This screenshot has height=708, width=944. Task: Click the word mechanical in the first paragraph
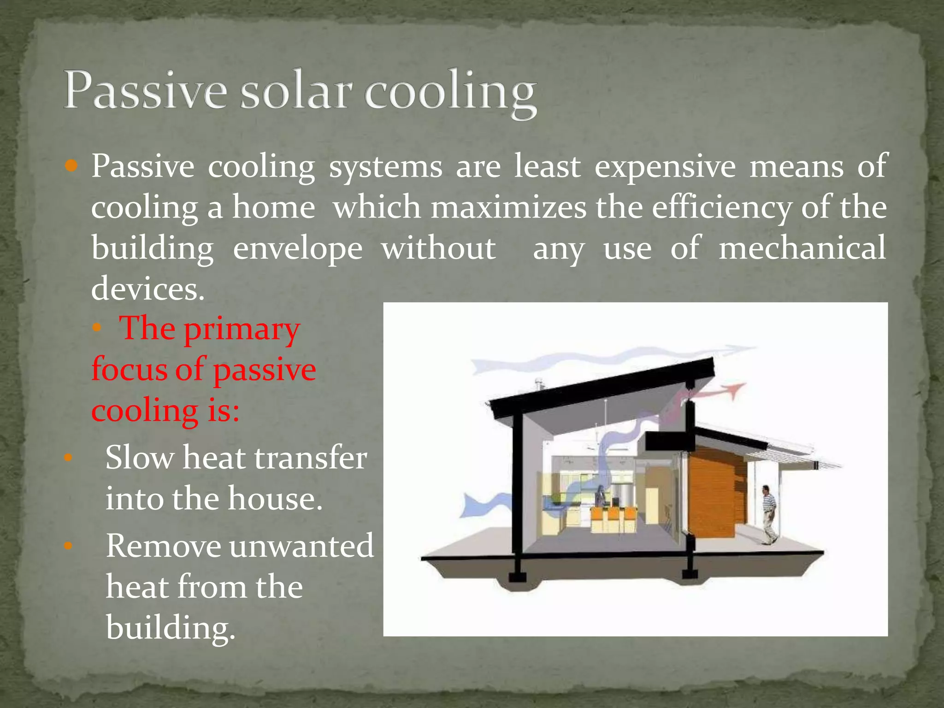(802, 248)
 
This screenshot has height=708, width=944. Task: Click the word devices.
(147, 289)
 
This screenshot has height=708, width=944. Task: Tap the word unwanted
(301, 546)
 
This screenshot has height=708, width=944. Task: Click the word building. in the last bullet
(171, 628)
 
